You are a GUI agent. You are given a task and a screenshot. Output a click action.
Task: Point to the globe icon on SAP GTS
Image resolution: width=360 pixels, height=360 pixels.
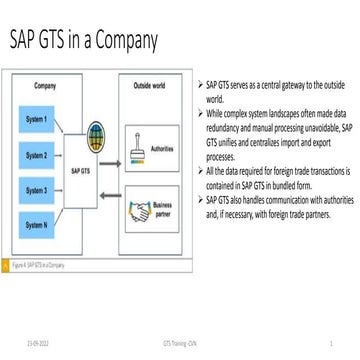point(97,134)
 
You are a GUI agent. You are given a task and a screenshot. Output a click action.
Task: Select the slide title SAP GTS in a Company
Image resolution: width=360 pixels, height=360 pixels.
point(84,41)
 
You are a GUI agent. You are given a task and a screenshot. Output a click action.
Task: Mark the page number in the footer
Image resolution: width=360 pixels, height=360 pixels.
point(330,342)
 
